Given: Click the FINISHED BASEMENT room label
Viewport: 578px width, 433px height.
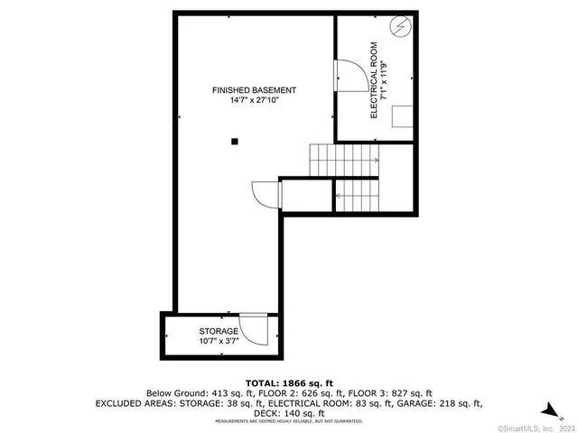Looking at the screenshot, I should click(x=254, y=90).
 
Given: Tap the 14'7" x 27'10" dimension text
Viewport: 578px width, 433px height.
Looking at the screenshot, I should click(x=254, y=101).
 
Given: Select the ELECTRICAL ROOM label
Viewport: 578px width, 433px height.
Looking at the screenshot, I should click(x=374, y=90).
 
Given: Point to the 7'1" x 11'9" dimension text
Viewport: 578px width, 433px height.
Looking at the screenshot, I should click(x=385, y=79).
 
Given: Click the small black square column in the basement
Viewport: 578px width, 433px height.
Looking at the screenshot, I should click(x=235, y=141).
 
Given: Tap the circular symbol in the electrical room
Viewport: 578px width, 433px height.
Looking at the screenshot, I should click(x=399, y=27).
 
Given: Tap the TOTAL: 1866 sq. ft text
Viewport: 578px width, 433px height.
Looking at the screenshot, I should click(x=288, y=383).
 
